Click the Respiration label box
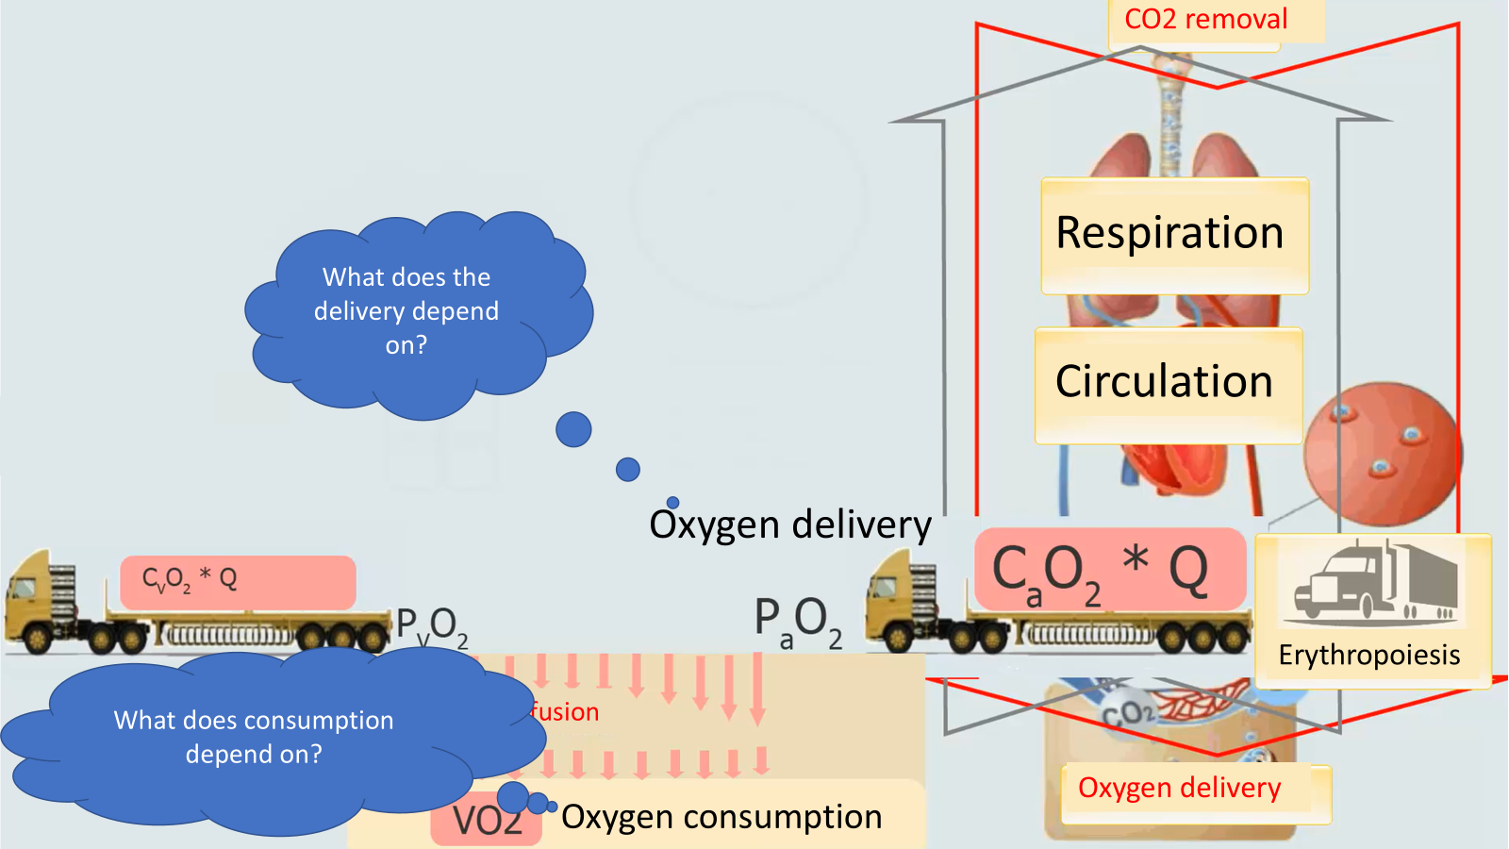point(1174,235)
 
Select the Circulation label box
point(1168,384)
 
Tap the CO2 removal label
point(1206,20)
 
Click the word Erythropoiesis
point(1369,655)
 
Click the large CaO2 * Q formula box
point(1109,569)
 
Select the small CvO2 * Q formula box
point(238,581)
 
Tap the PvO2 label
point(432,626)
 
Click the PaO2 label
point(798,623)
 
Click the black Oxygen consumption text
point(721,817)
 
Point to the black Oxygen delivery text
point(790,524)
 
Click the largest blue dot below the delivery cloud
point(573,429)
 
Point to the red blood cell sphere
point(1381,453)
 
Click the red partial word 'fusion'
point(565,712)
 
